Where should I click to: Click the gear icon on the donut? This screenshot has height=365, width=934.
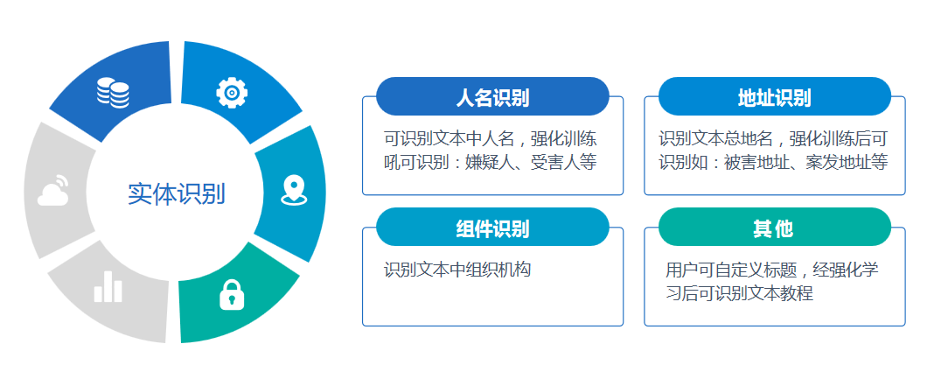point(232,93)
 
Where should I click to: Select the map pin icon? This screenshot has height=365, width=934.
point(294,190)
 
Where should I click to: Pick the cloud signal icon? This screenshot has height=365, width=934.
point(53,190)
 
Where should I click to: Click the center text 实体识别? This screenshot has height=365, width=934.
point(177,193)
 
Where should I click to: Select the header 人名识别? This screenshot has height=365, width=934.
point(492,98)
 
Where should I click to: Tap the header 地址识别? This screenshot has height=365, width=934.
point(774,98)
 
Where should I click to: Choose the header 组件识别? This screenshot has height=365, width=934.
point(492,228)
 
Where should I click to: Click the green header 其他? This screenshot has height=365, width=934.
point(773,228)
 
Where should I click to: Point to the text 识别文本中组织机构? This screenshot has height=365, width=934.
point(457,270)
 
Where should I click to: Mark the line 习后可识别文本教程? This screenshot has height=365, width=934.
point(739,294)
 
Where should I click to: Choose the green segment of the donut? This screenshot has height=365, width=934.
point(238,292)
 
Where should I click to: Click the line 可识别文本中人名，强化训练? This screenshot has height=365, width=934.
point(491,139)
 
